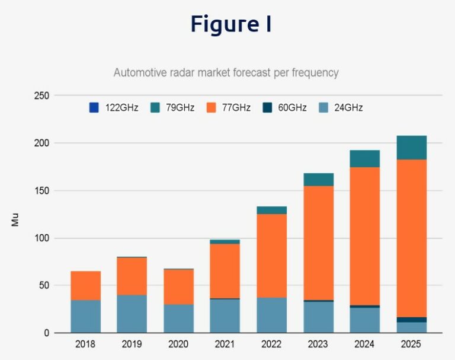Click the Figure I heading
pos(230,24)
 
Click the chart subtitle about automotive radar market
pos(226,73)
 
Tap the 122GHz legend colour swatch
pos(94,107)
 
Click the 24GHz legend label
pos(348,108)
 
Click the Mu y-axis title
pos(15,219)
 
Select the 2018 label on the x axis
pos(85,344)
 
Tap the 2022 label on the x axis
pos(271,344)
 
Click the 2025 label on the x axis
pos(411,344)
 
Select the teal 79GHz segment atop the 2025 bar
pos(411,148)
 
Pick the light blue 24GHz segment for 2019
pos(132,314)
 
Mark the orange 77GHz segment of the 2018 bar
pos(85,285)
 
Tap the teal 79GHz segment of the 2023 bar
pos(318,179)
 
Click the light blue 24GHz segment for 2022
pos(271,315)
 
